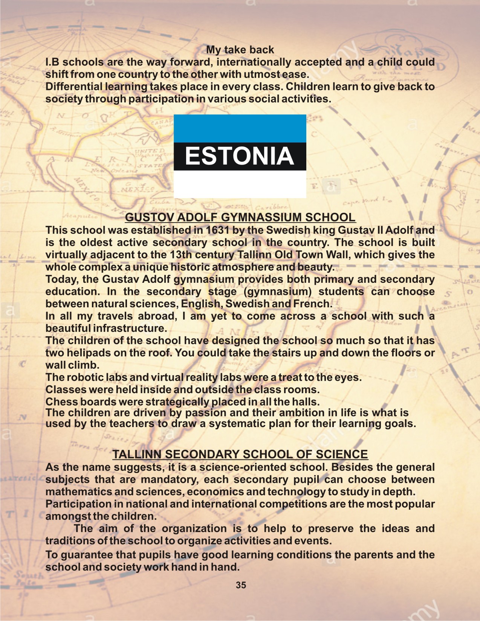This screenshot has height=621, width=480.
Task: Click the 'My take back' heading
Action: pyautogui.click(x=240, y=50)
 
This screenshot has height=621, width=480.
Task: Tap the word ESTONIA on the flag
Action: pyautogui.click(x=240, y=156)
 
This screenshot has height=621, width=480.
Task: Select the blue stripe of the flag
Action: pyautogui.click(x=240, y=128)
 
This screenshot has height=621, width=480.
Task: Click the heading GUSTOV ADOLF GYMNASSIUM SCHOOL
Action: pyautogui.click(x=240, y=217)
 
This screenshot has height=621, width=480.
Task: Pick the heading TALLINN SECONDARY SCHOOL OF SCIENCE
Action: pyautogui.click(x=240, y=454)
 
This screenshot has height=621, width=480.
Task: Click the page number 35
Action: pyautogui.click(x=241, y=585)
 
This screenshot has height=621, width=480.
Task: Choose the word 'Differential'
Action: pyautogui.click(x=74, y=87)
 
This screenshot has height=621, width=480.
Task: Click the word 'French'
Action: pyautogui.click(x=312, y=304)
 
